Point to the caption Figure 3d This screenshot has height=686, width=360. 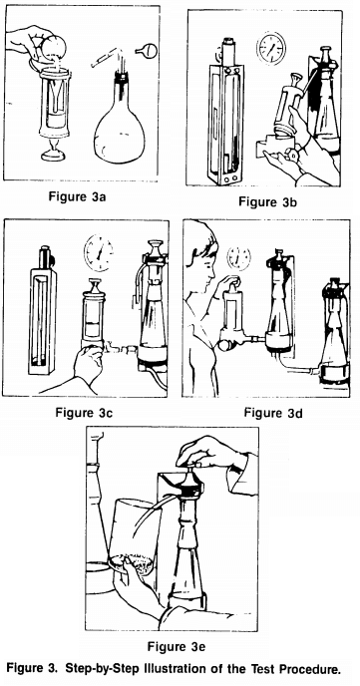pos(268,409)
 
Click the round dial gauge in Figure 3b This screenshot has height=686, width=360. pos(267,49)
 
